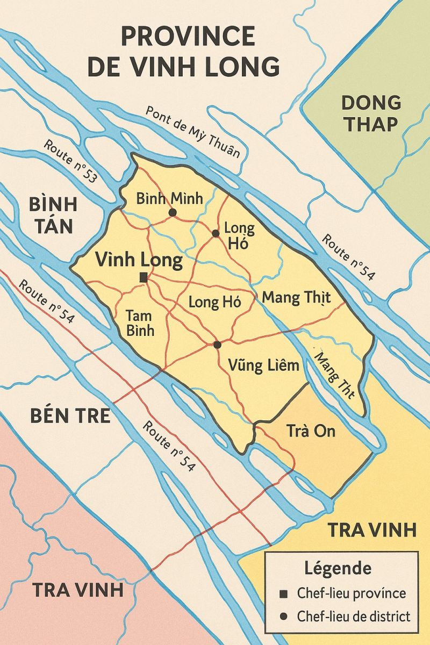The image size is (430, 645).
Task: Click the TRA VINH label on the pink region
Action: [78, 590]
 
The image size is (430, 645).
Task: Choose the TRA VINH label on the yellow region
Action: [372, 530]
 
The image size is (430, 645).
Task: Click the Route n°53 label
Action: [70, 161]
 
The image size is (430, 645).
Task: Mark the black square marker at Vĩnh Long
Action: [143, 277]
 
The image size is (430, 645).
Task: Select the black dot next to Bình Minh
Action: [173, 213]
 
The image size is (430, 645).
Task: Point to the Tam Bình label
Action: [140, 322]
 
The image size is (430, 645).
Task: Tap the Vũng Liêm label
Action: [263, 367]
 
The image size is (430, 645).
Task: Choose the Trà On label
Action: [311, 431]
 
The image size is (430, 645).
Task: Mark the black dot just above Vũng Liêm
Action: [217, 345]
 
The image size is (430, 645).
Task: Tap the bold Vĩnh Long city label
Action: [139, 261]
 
